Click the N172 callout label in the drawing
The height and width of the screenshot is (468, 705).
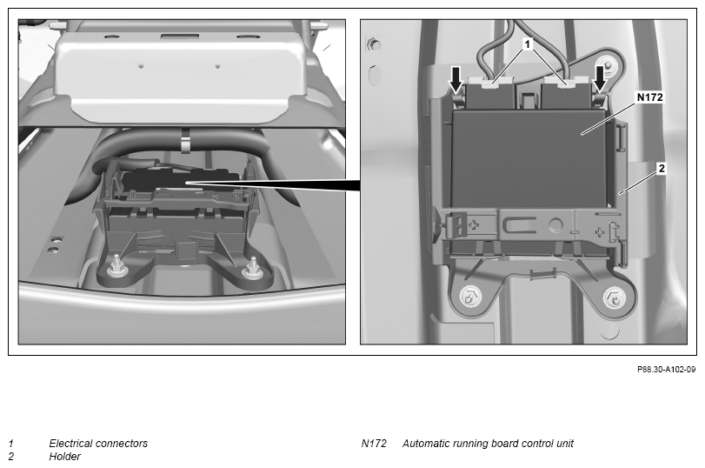[649, 97]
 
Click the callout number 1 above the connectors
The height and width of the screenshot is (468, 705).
[528, 43]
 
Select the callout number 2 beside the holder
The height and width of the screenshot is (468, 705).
[662, 168]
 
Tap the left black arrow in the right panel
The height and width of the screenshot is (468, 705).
[456, 78]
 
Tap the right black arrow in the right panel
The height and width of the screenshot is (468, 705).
[600, 78]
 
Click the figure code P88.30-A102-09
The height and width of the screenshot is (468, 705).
[667, 370]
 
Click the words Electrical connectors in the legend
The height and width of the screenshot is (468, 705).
[98, 444]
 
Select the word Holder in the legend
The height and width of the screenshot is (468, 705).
[64, 457]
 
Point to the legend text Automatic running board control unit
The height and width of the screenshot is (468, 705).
[488, 444]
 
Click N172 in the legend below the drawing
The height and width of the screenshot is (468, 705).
[374, 444]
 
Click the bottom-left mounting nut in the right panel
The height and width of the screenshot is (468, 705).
[470, 298]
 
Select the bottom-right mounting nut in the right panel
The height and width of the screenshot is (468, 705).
[613, 298]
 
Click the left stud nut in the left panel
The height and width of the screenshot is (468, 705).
[116, 267]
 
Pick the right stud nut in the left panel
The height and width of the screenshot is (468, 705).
[253, 269]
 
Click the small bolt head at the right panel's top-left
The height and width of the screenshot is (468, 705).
[373, 44]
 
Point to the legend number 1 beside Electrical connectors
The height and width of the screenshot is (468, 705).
[10, 444]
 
